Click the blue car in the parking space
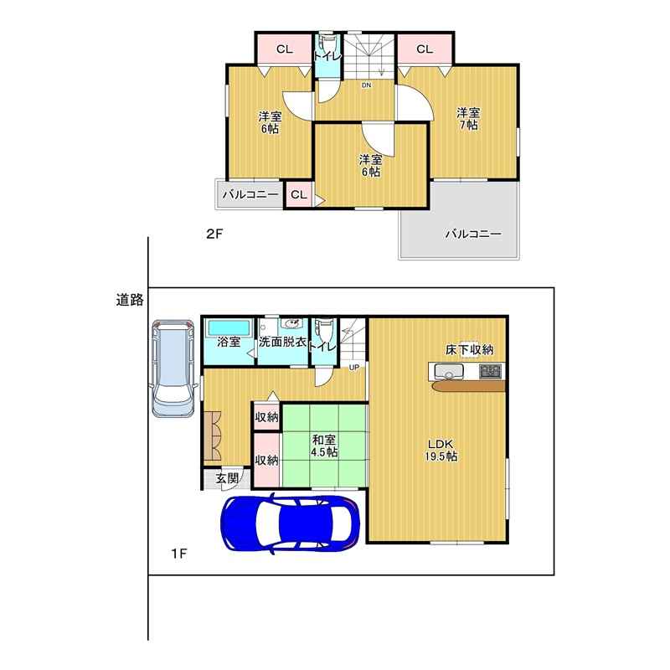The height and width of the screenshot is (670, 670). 290,523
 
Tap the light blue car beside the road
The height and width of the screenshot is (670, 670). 173,368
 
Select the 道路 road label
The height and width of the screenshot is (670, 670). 130,300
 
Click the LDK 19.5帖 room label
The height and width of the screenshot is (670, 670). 441,450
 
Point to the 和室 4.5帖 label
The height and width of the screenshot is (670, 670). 324,446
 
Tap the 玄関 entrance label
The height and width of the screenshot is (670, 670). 226,477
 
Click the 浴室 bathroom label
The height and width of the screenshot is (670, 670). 229,342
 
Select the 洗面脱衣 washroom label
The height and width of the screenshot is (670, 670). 282,342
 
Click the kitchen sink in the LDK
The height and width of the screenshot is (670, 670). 449,371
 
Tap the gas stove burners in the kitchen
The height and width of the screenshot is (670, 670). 490,371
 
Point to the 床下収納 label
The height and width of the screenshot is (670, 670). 469,349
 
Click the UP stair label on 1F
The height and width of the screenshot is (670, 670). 353,367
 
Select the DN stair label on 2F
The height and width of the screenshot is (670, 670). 366,85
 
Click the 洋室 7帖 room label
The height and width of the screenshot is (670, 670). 468,119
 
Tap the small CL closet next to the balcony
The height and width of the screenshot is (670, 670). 299,195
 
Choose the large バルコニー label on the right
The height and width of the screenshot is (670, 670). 473,234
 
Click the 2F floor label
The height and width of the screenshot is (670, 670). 214,234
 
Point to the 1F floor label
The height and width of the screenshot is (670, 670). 179,554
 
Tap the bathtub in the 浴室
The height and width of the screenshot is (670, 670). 229,327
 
